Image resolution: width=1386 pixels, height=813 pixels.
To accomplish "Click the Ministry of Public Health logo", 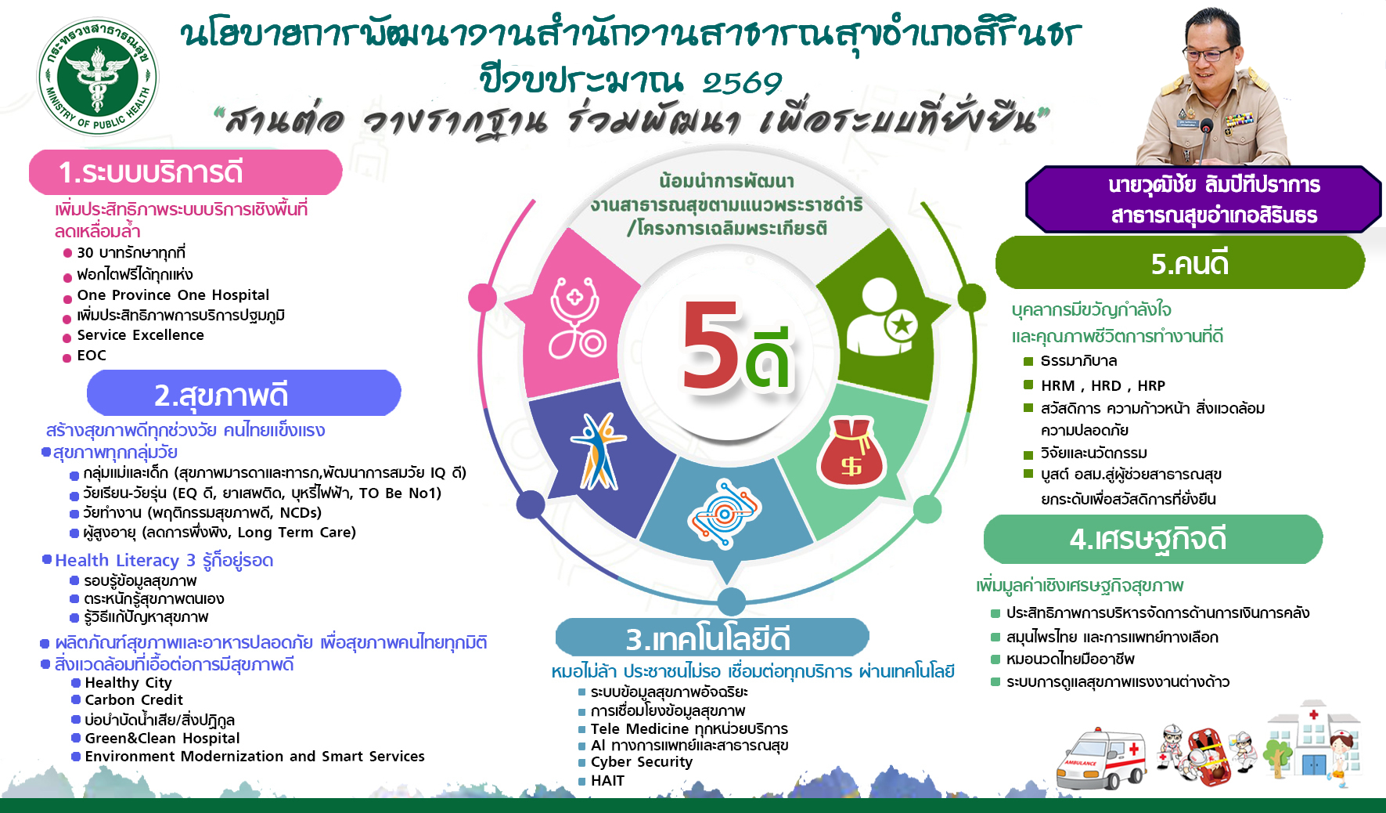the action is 98,77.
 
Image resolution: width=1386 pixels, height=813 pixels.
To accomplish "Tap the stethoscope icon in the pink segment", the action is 577,317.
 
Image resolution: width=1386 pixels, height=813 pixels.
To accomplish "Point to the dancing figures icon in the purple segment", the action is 598,450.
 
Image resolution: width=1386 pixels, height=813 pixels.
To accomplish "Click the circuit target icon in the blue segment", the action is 725,514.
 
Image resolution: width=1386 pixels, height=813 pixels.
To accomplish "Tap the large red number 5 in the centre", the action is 711,345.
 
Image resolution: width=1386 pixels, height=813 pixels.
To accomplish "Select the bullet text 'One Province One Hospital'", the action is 173,295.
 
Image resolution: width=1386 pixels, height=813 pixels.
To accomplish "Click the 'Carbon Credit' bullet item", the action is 134,700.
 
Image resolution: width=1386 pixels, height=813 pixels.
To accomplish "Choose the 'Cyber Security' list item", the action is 642,762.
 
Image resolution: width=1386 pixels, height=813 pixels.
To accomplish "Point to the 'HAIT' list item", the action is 608,781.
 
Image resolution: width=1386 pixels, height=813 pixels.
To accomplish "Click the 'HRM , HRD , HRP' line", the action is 1103,385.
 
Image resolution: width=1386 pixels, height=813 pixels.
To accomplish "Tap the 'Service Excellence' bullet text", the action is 140,335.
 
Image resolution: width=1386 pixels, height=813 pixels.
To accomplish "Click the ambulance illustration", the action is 1100,758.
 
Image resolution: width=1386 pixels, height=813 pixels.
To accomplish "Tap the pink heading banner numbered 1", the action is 185,172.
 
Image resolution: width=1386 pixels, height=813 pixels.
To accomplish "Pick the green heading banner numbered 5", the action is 1180,263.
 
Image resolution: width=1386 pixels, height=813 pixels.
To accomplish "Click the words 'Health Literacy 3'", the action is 125,561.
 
